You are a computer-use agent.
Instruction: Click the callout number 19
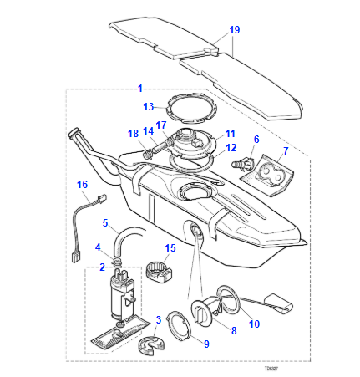pos(234,29)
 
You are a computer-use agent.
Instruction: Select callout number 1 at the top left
pos(139,88)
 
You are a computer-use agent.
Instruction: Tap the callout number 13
pos(149,107)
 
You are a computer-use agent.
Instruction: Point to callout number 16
pos(82,185)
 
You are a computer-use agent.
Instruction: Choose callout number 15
pos(170,248)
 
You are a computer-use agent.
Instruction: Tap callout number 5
pos(105,223)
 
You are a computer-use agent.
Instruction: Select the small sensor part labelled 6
pos(244,165)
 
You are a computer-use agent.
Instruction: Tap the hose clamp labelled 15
pos(155,271)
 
